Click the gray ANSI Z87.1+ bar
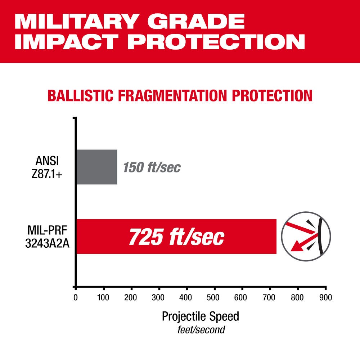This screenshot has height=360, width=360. point(96,167)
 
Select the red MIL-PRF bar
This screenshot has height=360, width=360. point(176,237)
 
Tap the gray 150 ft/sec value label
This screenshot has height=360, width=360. point(152,167)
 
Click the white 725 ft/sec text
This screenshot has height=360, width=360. point(176,237)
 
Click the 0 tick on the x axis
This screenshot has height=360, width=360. point(75,298)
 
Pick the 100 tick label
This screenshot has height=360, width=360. point(103,298)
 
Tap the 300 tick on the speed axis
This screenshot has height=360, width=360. point(159,298)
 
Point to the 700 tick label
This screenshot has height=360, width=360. point(270,298)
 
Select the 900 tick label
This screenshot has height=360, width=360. point(325,298)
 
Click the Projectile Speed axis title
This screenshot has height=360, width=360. point(200,317)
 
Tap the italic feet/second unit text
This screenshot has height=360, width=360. point(201,329)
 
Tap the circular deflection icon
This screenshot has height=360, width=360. point(306,237)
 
